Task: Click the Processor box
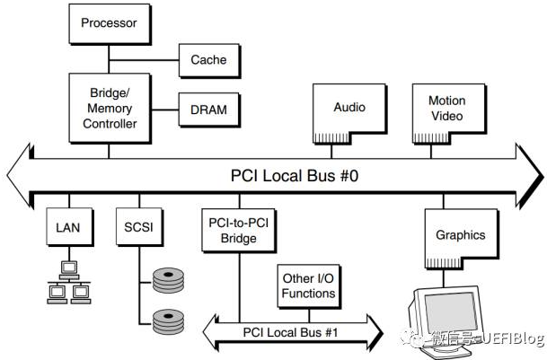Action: coord(110,22)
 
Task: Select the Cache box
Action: coord(208,60)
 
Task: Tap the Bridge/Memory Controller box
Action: coord(110,109)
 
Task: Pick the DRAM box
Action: coord(208,110)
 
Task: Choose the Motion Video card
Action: coord(447,110)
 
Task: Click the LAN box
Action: coord(67,228)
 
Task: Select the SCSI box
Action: coord(138,228)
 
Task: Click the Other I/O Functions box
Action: coord(308,285)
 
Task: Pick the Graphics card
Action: coord(460,236)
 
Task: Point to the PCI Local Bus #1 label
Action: coord(289,332)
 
